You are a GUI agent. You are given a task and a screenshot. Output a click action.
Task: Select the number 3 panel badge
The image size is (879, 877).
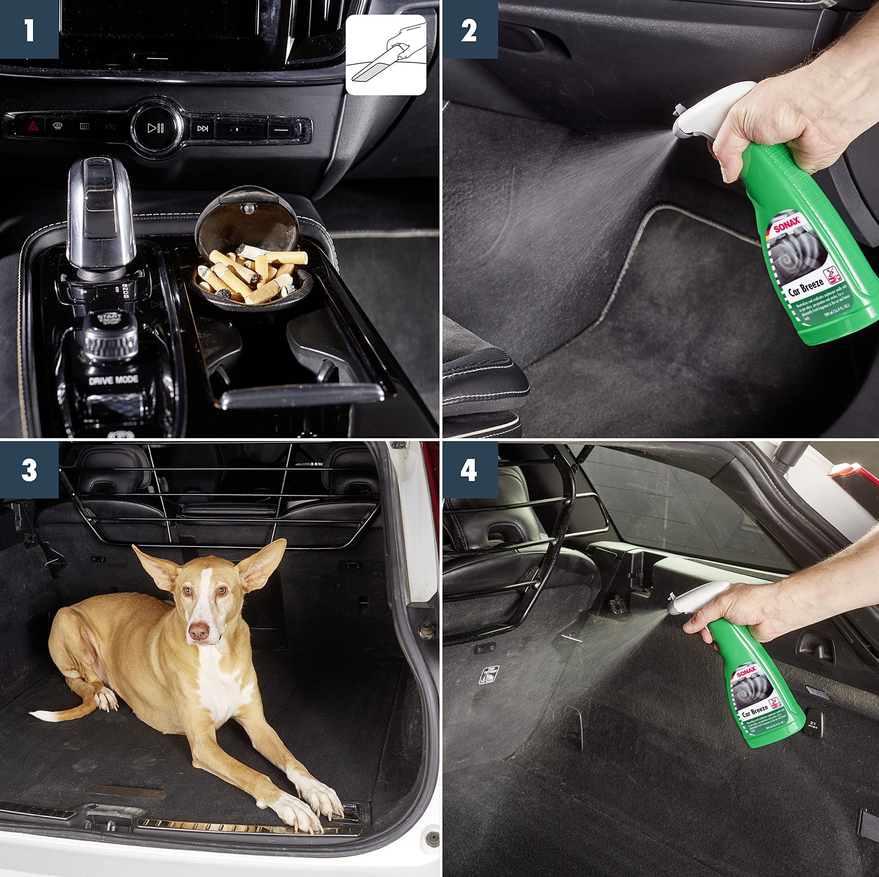(29, 470)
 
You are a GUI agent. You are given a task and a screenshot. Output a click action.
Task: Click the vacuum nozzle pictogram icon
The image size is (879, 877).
(386, 55)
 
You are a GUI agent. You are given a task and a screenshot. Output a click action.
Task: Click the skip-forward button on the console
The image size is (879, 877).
(203, 129)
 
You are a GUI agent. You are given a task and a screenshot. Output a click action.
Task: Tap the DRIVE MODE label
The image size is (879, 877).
(113, 380)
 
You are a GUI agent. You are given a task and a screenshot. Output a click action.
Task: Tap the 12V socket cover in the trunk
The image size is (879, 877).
(813, 724)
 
